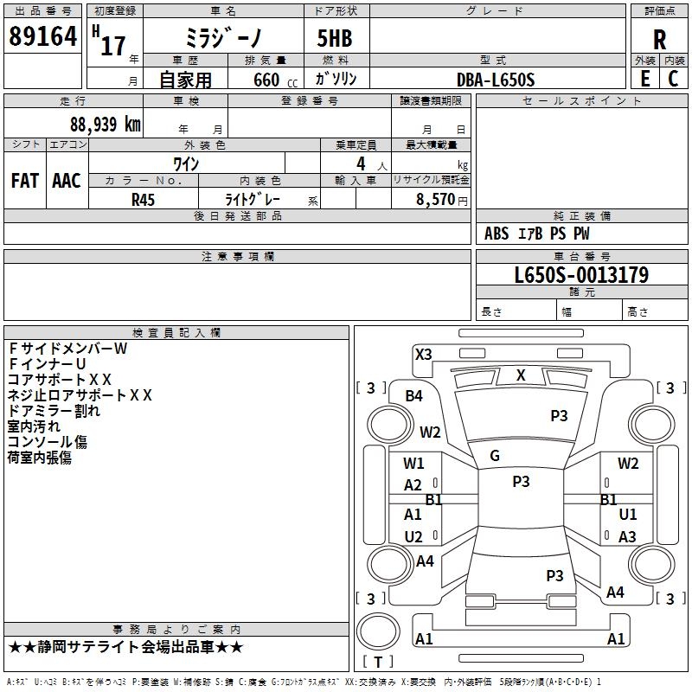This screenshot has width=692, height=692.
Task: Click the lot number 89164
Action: pos(42,37)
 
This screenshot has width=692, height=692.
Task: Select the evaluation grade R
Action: pos(659,38)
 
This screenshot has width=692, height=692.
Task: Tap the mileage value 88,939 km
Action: pos(105,124)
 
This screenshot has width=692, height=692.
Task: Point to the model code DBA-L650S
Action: pos(496,80)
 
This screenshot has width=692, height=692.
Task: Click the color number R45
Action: pos(144,199)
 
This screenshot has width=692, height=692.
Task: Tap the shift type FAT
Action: pos(24,180)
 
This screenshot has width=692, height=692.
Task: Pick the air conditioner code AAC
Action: pos(66,180)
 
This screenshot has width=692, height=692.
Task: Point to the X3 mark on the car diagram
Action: pos(423,354)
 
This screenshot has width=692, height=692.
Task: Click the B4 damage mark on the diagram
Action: pos(414,396)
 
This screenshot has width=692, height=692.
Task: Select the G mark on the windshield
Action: pos(495,455)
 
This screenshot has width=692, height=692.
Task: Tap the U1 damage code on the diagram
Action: pos(628,515)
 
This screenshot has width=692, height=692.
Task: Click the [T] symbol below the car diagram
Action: pos(378,662)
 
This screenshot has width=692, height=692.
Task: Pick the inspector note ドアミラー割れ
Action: pos(54,411)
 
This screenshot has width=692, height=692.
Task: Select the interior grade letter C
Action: pos(673,79)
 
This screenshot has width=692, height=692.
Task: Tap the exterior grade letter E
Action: pos(644,79)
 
